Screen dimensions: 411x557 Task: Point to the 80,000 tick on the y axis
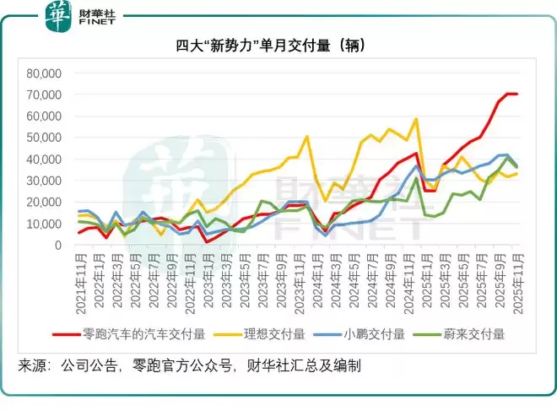(x=46, y=73)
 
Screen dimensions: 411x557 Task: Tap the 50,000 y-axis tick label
(x=46, y=138)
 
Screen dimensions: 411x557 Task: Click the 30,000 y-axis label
(x=46, y=181)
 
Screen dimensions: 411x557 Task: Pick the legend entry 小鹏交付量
(x=377, y=333)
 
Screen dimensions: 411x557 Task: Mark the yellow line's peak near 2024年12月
(x=416, y=119)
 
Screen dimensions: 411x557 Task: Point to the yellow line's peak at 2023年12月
(x=307, y=137)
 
